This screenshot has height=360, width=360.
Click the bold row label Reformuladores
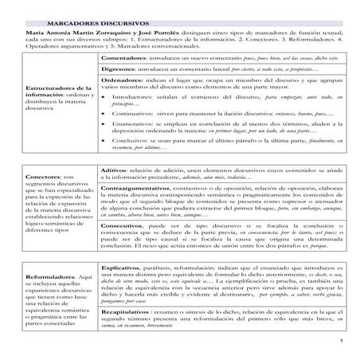pyautogui.click(x=50, y=278)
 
